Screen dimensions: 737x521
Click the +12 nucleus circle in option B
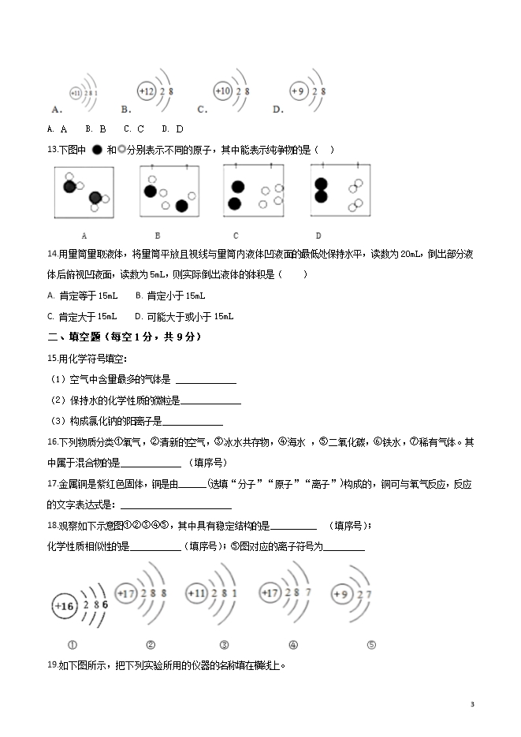coord(147,92)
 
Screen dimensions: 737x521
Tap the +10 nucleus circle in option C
coord(223,91)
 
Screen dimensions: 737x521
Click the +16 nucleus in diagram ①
coord(65,606)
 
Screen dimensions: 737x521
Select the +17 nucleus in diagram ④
coord(270,593)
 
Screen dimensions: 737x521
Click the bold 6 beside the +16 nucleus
coord(105,603)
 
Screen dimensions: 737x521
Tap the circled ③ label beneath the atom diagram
coord(225,644)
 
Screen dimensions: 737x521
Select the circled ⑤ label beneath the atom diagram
coord(371,644)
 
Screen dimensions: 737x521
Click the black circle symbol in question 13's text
coord(96,150)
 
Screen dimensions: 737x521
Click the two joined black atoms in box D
coord(321,191)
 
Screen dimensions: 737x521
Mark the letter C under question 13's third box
coord(236,235)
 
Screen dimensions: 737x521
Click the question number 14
coord(53,254)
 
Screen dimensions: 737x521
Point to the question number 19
coord(53,664)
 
